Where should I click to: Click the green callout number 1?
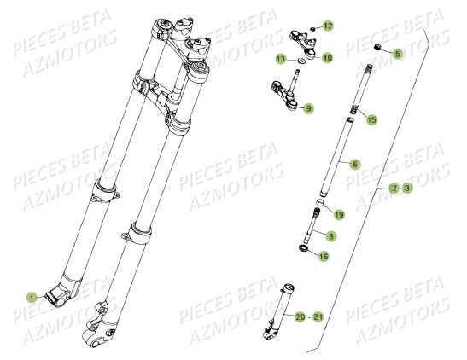32,297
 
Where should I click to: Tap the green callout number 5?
398,54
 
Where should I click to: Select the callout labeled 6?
354,165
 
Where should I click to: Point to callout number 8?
330,236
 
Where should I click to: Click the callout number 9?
308,108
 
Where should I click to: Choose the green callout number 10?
327,58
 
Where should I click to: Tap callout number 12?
328,26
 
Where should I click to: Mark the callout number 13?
281,59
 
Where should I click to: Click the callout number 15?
371,119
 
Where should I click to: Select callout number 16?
324,256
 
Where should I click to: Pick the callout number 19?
339,214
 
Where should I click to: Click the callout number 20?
301,316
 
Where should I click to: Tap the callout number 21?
318,316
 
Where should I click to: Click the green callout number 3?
408,188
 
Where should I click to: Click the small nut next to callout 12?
312,29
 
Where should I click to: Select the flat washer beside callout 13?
301,61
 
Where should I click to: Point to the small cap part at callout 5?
378,47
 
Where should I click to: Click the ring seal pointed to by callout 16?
303,247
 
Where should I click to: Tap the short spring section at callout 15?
353,109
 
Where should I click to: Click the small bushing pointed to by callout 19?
320,202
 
